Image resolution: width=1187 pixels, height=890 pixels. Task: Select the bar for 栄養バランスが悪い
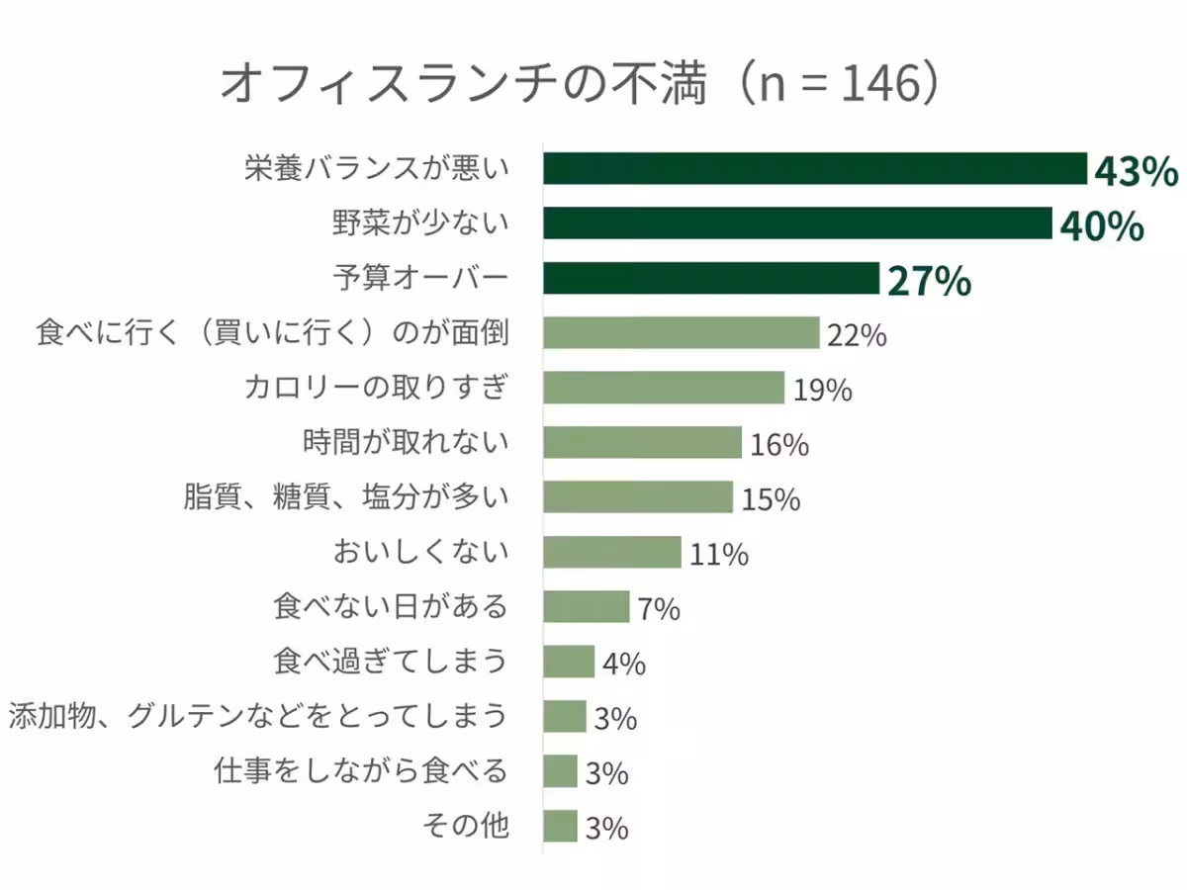click(x=814, y=169)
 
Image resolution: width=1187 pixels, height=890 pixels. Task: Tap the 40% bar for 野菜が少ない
click(x=796, y=223)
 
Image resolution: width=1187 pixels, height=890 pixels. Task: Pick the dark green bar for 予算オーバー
click(x=710, y=279)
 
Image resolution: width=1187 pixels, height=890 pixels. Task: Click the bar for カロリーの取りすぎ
click(x=663, y=388)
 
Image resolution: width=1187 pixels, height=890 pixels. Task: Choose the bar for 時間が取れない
click(x=642, y=442)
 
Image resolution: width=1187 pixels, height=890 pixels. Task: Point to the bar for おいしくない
click(x=611, y=552)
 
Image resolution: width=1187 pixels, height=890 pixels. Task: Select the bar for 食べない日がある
click(x=586, y=606)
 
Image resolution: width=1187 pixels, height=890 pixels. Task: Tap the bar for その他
click(x=560, y=826)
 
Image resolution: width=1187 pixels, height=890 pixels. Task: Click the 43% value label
click(x=1136, y=172)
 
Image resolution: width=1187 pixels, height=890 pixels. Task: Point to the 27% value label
click(x=929, y=281)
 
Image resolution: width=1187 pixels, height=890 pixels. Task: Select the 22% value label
click(x=857, y=336)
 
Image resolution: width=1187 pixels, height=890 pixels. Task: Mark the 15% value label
click(x=771, y=500)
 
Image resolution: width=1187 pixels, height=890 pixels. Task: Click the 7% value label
click(x=659, y=609)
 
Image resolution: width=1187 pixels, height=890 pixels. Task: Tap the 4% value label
click(x=623, y=664)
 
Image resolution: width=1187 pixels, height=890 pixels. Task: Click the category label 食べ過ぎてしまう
click(x=391, y=661)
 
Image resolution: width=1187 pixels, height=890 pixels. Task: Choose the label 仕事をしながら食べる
click(x=361, y=770)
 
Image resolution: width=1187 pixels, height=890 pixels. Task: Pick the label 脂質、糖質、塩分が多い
click(x=346, y=496)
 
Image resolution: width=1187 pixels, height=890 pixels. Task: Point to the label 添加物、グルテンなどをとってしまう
click(x=259, y=715)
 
